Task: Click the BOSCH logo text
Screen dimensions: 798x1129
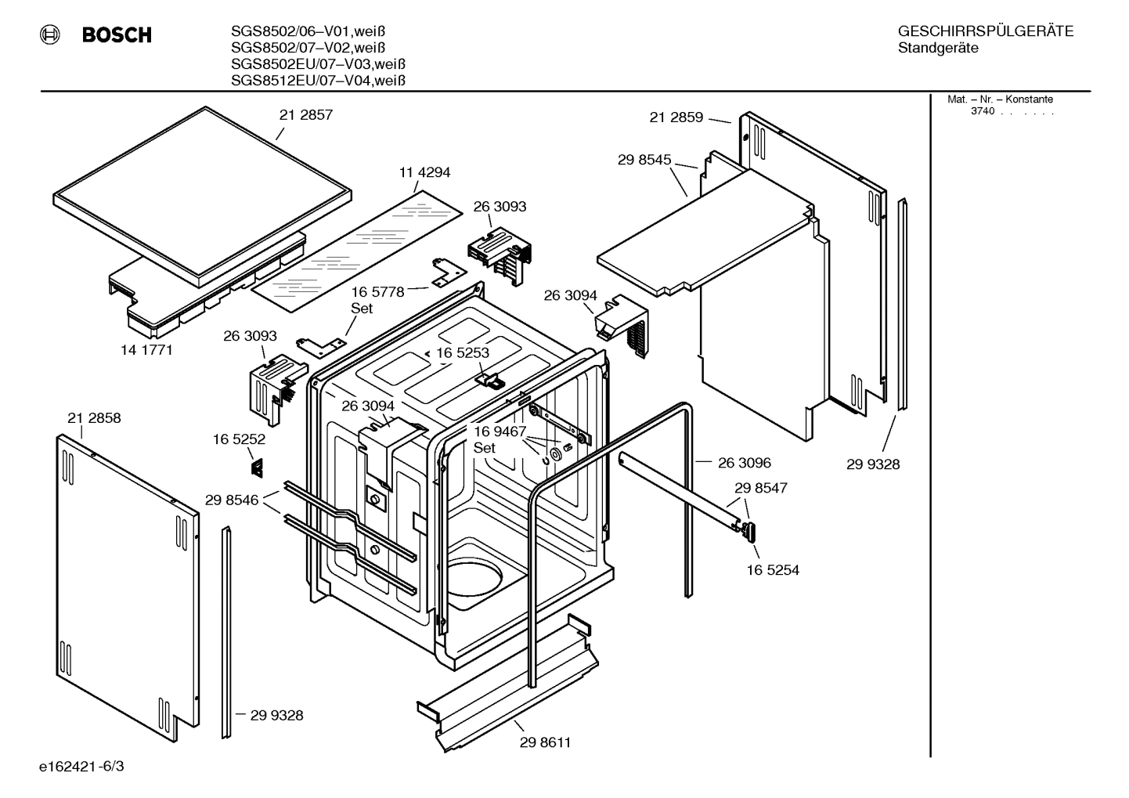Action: [116, 35]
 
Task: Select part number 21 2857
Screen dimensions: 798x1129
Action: [305, 115]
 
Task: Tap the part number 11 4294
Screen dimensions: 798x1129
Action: [424, 172]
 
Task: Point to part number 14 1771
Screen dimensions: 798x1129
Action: [146, 350]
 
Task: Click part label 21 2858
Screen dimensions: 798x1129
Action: [94, 418]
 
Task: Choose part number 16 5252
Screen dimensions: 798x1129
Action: [239, 440]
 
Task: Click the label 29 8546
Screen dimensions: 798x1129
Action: [232, 500]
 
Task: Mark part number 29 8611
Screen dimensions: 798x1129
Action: [545, 742]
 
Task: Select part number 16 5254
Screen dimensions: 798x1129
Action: [772, 570]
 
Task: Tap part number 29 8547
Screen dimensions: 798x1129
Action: [760, 488]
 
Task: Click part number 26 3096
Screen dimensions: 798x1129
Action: [744, 463]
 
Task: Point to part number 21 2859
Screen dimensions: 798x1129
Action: [676, 117]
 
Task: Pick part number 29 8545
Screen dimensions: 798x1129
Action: [644, 160]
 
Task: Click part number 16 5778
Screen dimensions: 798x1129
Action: [377, 292]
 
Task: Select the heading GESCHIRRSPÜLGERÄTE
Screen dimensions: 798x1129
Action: [985, 32]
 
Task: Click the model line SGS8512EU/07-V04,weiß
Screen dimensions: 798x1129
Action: [317, 81]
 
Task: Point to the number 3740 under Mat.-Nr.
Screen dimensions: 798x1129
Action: [982, 111]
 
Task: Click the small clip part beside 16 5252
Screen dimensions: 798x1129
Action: [256, 468]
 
